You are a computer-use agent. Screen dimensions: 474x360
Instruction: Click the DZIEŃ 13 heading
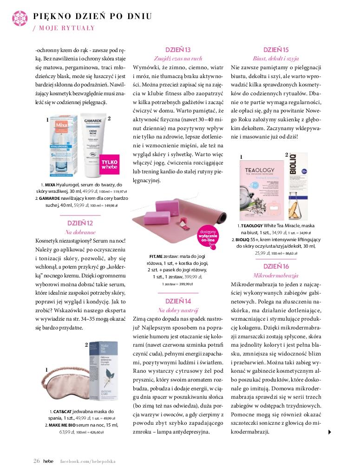click(x=178, y=50)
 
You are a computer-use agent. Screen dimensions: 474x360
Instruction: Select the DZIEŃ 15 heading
click(x=276, y=50)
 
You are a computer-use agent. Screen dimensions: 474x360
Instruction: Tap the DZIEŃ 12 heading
click(x=80, y=224)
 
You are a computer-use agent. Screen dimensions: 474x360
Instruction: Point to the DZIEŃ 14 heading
click(x=178, y=301)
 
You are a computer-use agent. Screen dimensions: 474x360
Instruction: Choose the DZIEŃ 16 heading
click(x=276, y=266)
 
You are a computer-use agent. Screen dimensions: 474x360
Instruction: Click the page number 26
click(x=37, y=461)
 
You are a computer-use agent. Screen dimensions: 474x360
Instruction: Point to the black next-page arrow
click(x=330, y=432)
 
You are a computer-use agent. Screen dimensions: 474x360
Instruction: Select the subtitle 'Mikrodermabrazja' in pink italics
click(x=276, y=276)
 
